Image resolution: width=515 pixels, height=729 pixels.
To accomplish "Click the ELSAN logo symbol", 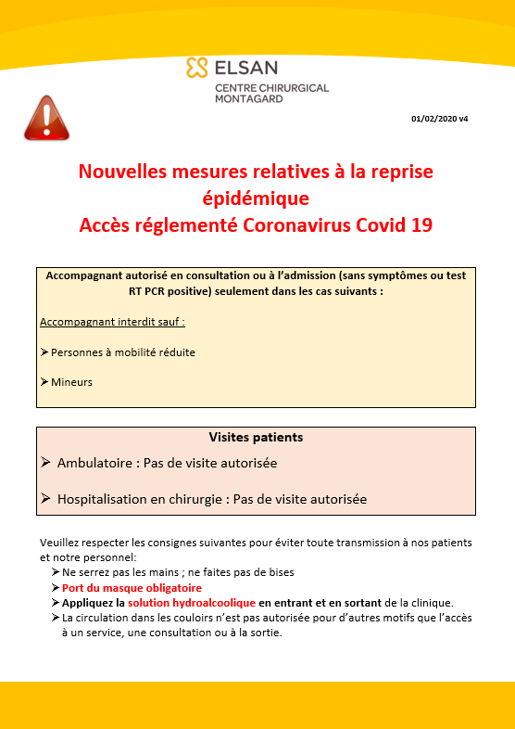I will (196, 68).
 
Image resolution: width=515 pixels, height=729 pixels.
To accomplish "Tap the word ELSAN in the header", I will (245, 68).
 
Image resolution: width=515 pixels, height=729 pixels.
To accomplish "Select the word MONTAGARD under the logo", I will (250, 98).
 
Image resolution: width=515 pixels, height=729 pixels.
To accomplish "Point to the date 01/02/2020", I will (432, 119).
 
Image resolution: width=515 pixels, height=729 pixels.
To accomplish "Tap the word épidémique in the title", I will (256, 198).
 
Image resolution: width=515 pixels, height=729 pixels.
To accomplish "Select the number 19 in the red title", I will (421, 224).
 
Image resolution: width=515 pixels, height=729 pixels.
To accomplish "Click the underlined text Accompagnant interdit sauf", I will (112, 322).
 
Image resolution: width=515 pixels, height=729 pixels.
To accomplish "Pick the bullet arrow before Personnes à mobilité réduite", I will (44, 352).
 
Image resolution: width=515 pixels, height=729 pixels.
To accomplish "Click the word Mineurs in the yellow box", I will (72, 382).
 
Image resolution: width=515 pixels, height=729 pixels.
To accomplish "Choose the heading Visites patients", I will (256, 437).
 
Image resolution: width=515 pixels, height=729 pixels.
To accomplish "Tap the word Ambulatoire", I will (97, 462).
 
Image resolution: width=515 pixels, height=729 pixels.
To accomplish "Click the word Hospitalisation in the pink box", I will (114, 499).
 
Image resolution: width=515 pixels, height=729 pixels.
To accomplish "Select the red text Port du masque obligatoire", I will (132, 588).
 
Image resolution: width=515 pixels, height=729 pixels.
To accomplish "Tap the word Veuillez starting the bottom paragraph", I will (61, 543).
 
